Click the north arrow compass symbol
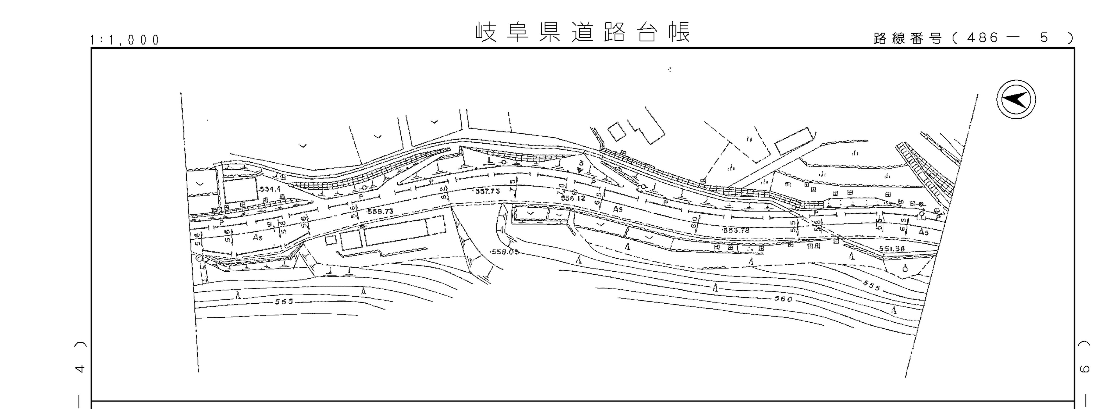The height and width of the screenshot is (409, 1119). tap(1016, 99)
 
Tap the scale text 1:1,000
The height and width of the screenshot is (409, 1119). tap(125, 40)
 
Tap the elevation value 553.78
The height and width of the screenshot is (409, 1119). tap(736, 230)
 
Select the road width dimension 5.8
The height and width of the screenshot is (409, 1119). tap(817, 226)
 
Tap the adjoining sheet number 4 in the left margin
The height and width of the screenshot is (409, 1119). tap(79, 369)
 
